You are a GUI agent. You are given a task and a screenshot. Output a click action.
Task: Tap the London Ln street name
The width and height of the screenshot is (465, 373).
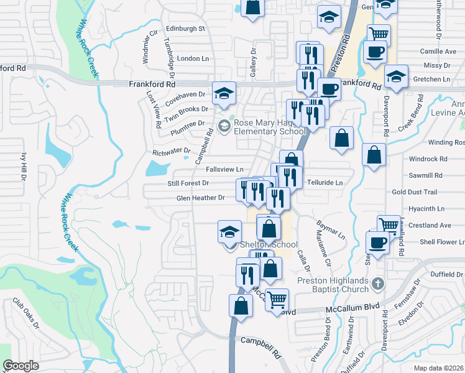pyautogui.click(x=193, y=58)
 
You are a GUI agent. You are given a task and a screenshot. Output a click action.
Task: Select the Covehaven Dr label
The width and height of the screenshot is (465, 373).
pyautogui.click(x=185, y=94)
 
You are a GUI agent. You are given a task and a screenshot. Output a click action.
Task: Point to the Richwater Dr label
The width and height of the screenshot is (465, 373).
pyautogui.click(x=171, y=151)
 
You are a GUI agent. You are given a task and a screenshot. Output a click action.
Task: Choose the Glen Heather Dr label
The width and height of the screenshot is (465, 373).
pyautogui.click(x=200, y=198)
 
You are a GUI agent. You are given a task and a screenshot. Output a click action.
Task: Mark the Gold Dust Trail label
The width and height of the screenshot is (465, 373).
pyautogui.click(x=415, y=193)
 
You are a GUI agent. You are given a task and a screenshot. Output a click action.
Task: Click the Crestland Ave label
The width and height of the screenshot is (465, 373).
pyautogui.click(x=430, y=225)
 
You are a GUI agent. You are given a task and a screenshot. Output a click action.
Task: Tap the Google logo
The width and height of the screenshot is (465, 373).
pyautogui.click(x=21, y=366)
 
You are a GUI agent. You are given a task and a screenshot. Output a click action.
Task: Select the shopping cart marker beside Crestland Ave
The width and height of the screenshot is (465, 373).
pyautogui.click(x=389, y=225)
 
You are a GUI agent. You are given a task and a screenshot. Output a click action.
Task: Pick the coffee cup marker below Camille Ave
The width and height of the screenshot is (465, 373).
pyautogui.click(x=374, y=52)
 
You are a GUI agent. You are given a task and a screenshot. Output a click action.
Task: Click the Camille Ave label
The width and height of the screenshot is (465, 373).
pyautogui.click(x=438, y=52)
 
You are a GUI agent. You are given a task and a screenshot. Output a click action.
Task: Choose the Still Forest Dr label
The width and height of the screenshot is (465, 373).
pyautogui.click(x=188, y=183)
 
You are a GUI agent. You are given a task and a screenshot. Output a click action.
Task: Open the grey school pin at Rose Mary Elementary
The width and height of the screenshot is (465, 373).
pyautogui.click(x=223, y=126)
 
